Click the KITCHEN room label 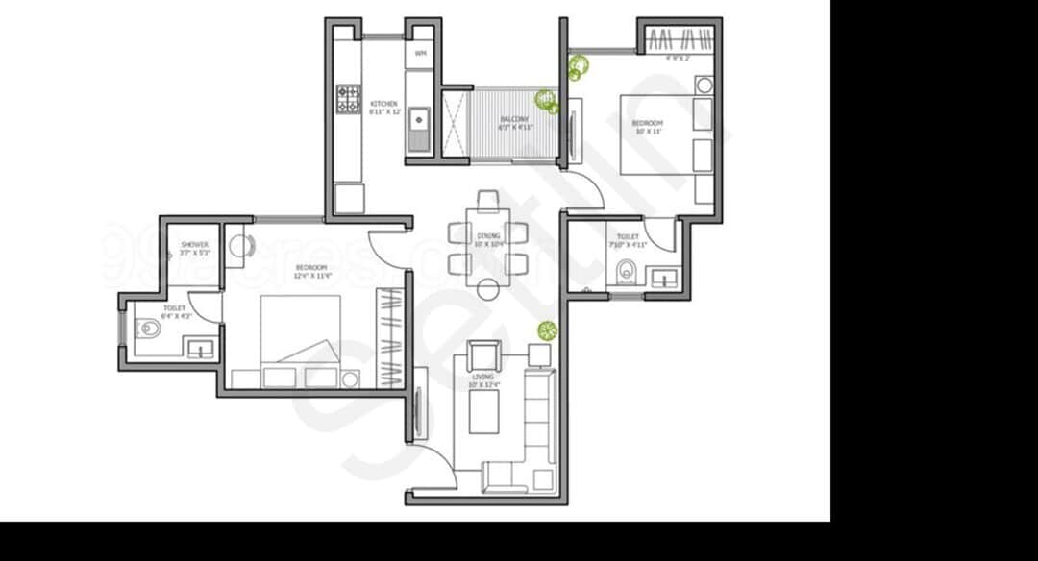(x=383, y=104)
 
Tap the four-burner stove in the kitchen (x=348, y=99)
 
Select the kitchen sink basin (x=418, y=122)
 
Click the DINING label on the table (x=487, y=235)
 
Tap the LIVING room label (x=482, y=378)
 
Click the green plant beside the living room (x=547, y=331)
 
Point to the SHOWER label (x=194, y=245)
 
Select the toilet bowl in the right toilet (x=626, y=271)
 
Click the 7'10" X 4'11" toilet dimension (x=628, y=245)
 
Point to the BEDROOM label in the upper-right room (x=647, y=124)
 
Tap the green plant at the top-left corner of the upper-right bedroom (x=579, y=66)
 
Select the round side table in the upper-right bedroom (x=704, y=85)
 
